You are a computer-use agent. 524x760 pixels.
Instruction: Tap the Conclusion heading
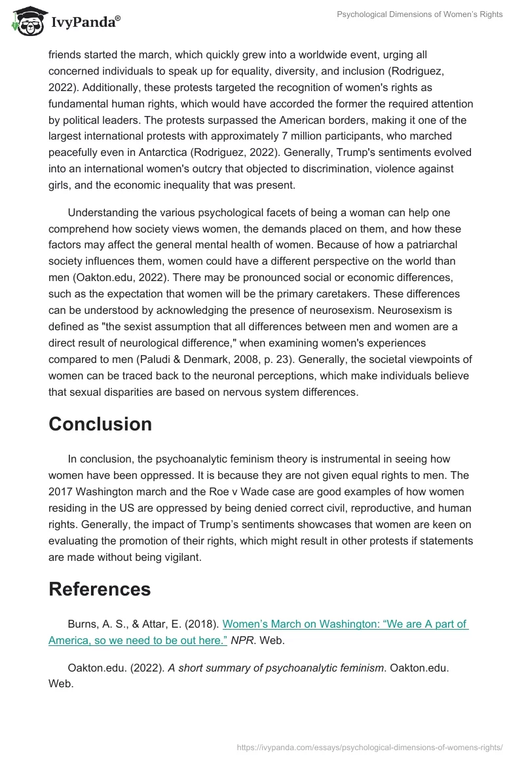(100, 424)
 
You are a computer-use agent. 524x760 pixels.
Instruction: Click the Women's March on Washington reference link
(258, 632)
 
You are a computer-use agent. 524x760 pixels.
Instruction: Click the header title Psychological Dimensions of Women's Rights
(420, 15)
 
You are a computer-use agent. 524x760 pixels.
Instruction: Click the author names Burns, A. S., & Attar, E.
(143, 624)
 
